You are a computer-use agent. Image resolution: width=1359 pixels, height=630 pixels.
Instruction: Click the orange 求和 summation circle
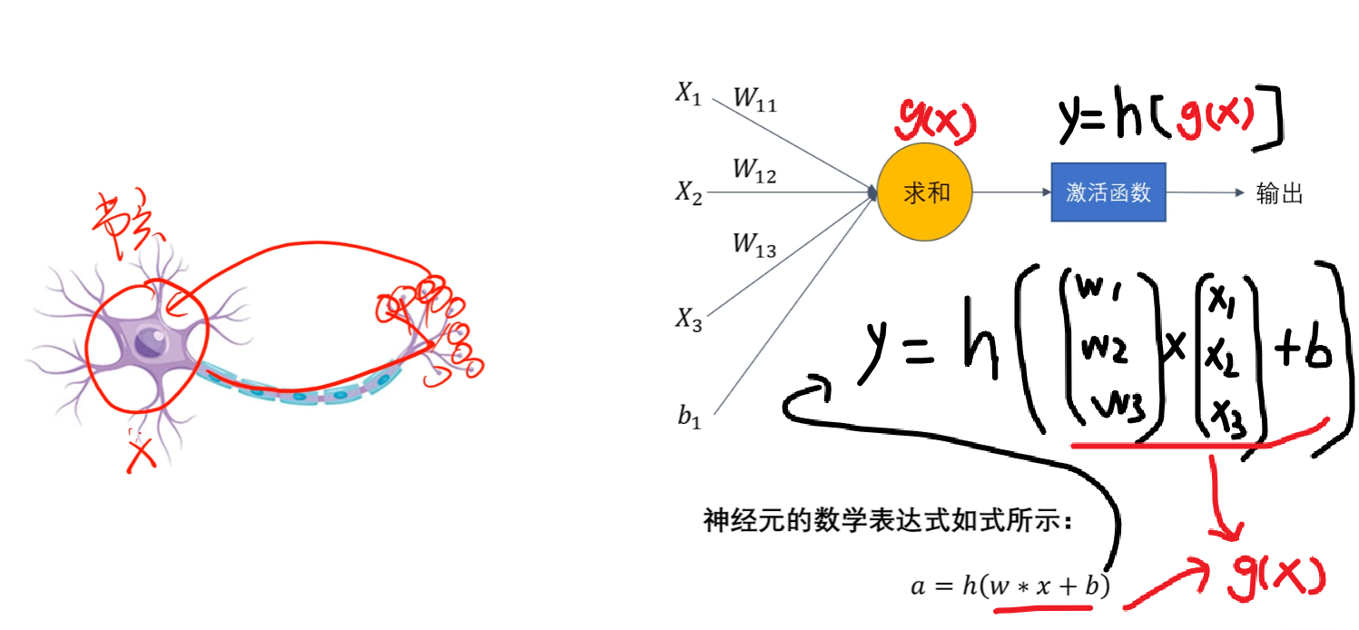click(925, 193)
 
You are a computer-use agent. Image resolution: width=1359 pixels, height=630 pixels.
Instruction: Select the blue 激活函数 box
click(1108, 193)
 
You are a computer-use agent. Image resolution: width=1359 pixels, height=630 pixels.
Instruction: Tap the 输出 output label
click(1280, 193)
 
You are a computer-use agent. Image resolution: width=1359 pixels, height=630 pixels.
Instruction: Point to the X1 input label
click(688, 94)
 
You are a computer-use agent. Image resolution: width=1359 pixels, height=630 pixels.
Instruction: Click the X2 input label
click(688, 192)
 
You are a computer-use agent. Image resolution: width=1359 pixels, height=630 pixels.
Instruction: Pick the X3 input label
click(688, 318)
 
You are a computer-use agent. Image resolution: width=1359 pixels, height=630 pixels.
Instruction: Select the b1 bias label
click(688, 418)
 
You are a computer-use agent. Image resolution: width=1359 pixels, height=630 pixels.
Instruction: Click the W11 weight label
click(754, 99)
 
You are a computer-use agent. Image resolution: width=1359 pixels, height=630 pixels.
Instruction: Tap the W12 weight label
click(754, 171)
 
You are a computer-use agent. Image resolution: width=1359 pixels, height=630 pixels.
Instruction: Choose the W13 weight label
click(754, 244)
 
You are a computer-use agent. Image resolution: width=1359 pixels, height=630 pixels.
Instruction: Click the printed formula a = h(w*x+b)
click(1009, 586)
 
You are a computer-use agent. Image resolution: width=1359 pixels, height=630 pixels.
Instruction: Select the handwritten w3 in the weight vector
click(1124, 405)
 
